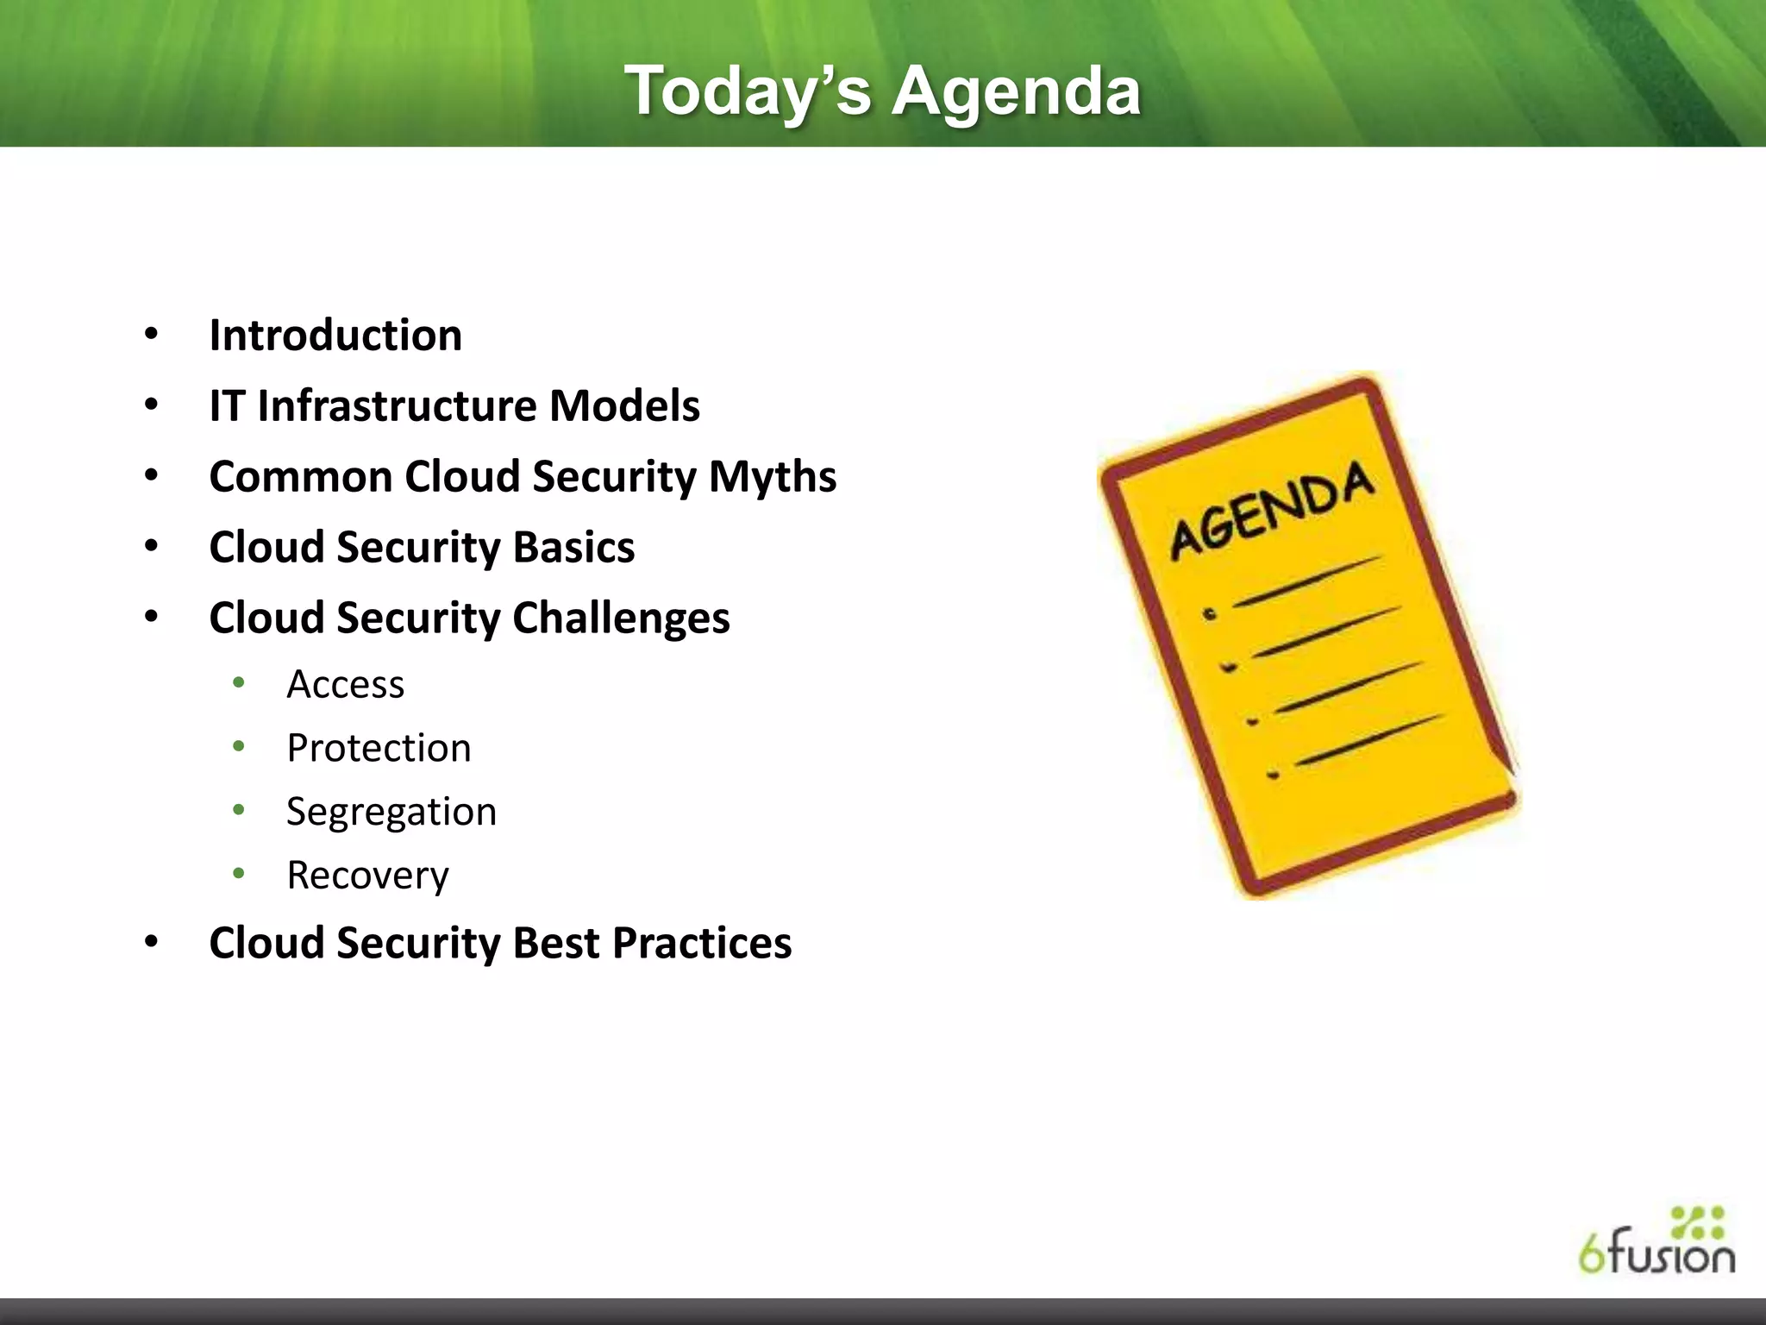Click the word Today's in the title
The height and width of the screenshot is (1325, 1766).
pos(748,92)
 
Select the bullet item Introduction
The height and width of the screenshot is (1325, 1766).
pos(335,336)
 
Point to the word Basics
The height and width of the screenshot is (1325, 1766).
pos(573,548)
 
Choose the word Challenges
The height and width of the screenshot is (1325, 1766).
pos(621,619)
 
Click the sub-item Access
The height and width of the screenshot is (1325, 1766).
pos(345,685)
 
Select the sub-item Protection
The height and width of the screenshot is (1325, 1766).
pos(379,748)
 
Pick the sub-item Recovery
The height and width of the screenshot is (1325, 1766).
pos(367,876)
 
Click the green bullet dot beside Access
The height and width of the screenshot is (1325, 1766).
pos(239,683)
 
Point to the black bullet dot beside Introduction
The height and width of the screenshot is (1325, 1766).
pos(152,334)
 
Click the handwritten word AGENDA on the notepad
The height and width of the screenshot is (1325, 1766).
pos(1271,510)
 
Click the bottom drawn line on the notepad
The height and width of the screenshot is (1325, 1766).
pos(1368,740)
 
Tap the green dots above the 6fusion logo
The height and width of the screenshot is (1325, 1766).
pos(1697,1222)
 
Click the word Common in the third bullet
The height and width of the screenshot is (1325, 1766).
pos(300,477)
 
